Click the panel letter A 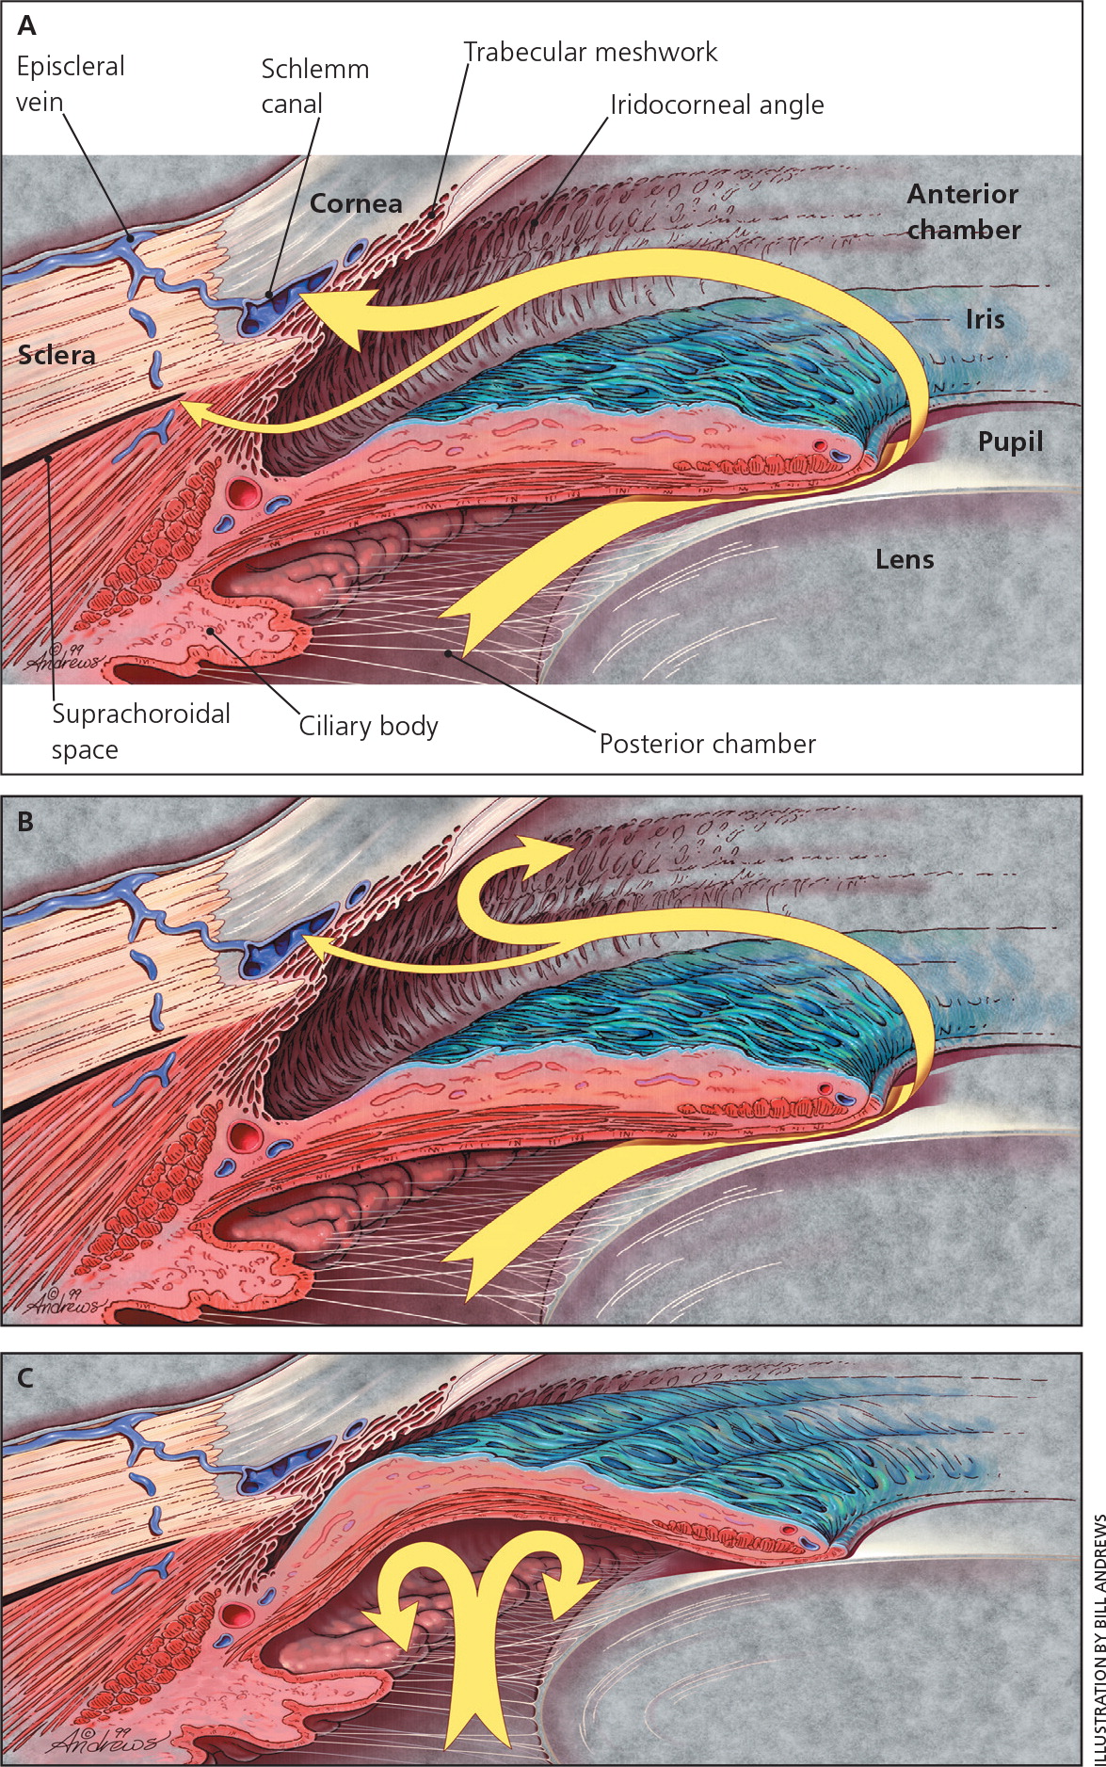[x=26, y=25]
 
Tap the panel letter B [x=25, y=821]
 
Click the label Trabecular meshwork [x=590, y=52]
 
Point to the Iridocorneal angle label [x=716, y=104]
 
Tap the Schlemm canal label [x=314, y=86]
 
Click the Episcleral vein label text [x=71, y=84]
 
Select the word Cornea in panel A [x=356, y=203]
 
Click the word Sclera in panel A [x=56, y=355]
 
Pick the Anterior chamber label [x=963, y=212]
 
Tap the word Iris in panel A [x=985, y=319]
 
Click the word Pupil [x=1010, y=442]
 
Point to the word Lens [x=905, y=559]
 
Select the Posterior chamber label [x=707, y=744]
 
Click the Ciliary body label [x=368, y=726]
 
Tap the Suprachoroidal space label [x=140, y=731]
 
